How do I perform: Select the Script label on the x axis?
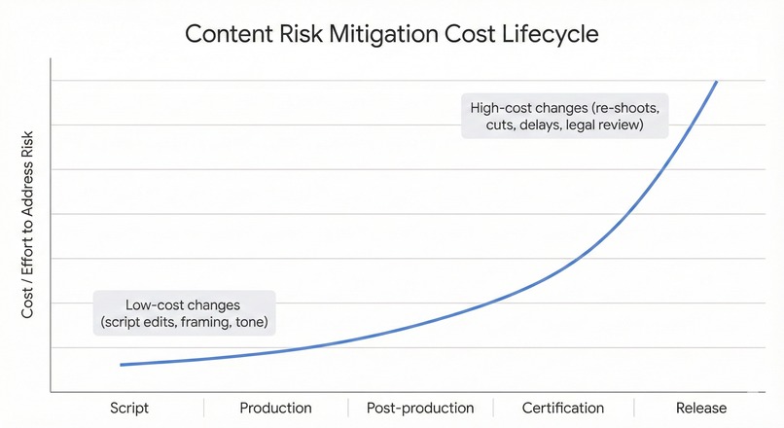click(x=128, y=408)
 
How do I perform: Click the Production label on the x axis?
click(x=275, y=408)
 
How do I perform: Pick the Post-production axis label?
click(x=420, y=408)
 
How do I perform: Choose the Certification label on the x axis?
click(x=563, y=408)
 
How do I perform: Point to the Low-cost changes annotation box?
click(x=184, y=313)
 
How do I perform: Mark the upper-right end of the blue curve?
click(x=717, y=82)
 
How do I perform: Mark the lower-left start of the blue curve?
click(x=121, y=365)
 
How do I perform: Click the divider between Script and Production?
click(x=203, y=407)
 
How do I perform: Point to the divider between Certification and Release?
click(x=634, y=407)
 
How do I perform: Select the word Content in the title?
click(x=222, y=34)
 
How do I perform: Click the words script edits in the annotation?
click(x=142, y=322)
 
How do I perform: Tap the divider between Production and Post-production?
click(x=346, y=407)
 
